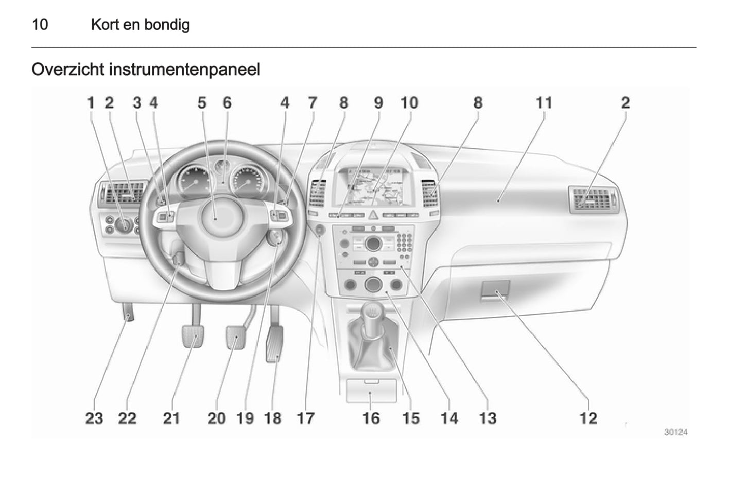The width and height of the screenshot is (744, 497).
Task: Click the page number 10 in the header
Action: (40, 25)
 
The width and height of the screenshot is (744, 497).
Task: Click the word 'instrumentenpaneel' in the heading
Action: (184, 70)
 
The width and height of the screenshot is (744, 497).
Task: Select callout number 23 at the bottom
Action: (94, 418)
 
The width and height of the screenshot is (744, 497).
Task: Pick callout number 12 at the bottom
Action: (588, 418)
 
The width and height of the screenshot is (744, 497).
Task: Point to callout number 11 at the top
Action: (544, 102)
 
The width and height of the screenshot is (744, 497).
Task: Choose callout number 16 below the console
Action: (371, 418)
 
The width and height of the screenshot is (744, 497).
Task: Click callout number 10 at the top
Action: (409, 102)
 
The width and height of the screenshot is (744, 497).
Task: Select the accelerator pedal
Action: (274, 344)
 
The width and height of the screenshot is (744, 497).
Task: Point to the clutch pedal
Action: (193, 336)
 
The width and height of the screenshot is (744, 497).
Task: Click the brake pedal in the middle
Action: (236, 337)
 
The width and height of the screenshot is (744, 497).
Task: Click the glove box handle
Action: (495, 290)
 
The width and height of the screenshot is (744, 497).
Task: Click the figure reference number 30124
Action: (676, 432)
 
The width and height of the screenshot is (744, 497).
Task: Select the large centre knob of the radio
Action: (373, 244)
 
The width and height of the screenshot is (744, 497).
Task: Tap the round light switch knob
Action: (124, 225)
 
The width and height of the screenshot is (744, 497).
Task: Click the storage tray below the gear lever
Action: (371, 391)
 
